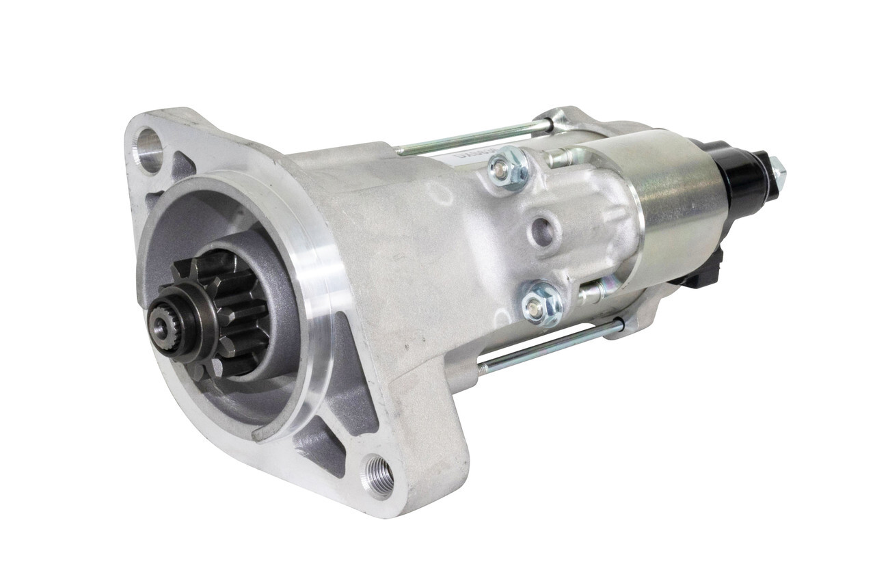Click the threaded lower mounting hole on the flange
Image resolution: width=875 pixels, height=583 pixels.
378,476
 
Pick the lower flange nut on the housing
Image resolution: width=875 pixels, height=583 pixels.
541,303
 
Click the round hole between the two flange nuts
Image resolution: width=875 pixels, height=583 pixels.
543,231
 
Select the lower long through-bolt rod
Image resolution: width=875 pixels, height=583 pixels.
547,349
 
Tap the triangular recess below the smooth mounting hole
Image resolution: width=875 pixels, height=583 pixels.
179,165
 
